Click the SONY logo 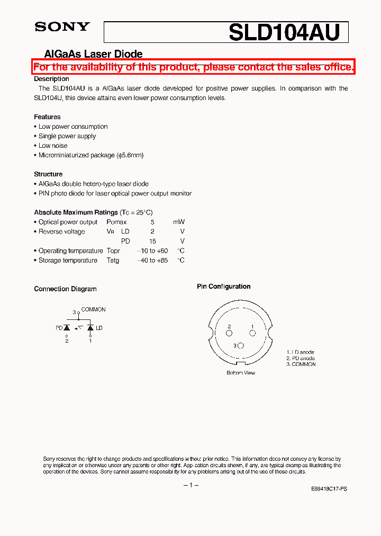coord(62,27)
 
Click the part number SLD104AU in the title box coord(284,33)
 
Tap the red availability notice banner coord(193,67)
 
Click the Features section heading coord(47,117)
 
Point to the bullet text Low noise coord(53,146)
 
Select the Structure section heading coord(48,174)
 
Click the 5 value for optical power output coord(152,222)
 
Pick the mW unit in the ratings coord(179,222)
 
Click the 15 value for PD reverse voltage coord(152,242)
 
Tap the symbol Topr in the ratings coord(113,251)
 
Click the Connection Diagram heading coord(65,289)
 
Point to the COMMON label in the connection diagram coord(93,309)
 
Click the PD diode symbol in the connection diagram coord(67,328)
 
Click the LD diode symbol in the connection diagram coord(90,328)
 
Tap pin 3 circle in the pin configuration coord(241,346)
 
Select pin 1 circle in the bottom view coord(252,333)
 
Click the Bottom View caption coord(241,373)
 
